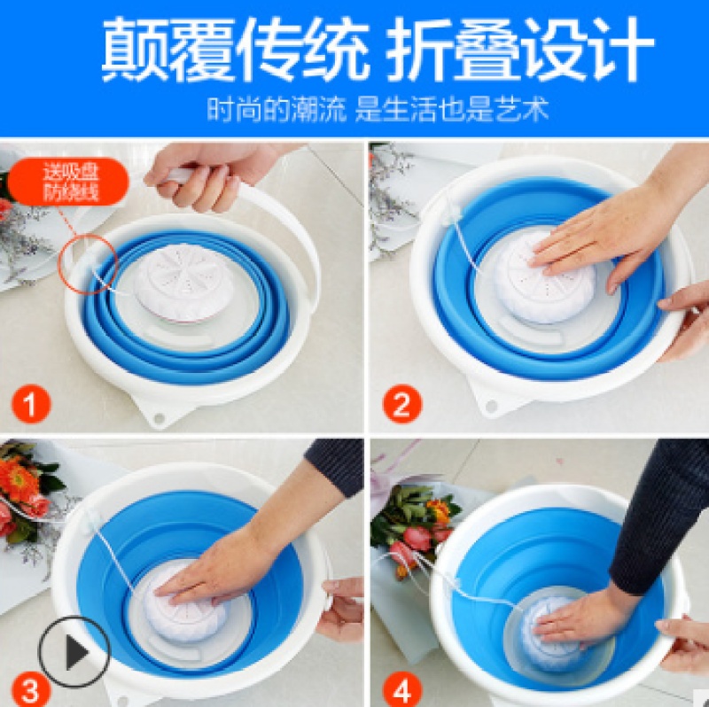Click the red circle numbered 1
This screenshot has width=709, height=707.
[31, 404]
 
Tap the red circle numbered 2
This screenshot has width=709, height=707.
[402, 404]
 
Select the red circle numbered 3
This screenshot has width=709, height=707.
[30, 690]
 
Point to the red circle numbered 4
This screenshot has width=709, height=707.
[402, 690]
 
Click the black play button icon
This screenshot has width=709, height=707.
[74, 652]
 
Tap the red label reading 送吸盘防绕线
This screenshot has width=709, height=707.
[69, 182]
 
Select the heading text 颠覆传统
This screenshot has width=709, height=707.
[234, 50]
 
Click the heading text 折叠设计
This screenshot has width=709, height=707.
[521, 50]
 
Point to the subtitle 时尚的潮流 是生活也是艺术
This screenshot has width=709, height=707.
[378, 109]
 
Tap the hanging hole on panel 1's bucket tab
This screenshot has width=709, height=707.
[160, 417]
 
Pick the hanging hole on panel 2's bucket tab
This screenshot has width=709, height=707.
[491, 407]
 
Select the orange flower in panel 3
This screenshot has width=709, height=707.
[19, 479]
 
